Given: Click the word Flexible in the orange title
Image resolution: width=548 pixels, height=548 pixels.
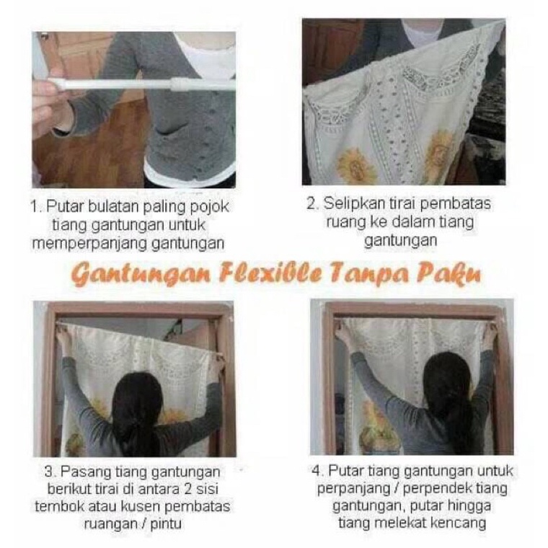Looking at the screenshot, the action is tap(271, 274).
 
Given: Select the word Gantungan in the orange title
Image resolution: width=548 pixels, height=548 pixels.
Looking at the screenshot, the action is tap(141, 274).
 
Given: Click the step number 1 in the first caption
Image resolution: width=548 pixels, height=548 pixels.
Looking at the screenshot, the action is tap(35, 206).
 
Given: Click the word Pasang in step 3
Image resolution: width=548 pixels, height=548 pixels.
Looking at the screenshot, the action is tap(82, 472).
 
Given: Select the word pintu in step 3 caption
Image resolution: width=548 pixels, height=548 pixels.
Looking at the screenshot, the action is tap(166, 524).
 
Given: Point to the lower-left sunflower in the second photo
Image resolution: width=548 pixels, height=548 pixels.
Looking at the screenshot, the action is tap(356, 166).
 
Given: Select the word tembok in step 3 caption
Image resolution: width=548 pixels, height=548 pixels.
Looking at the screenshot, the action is tap(57, 506).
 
